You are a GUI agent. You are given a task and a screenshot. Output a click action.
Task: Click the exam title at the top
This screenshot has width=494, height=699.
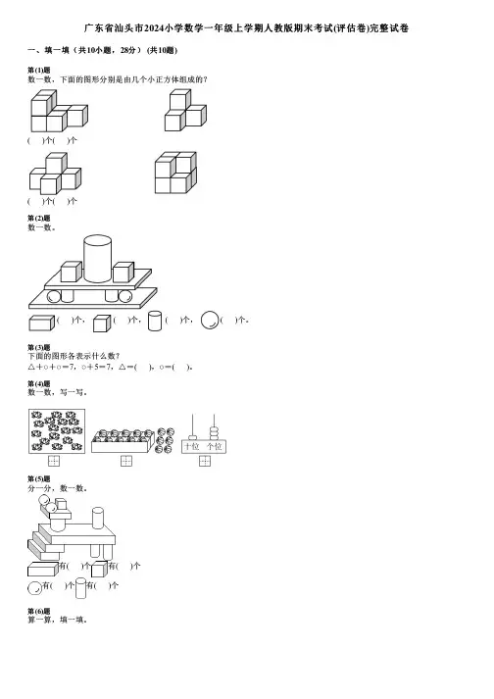pos(247,28)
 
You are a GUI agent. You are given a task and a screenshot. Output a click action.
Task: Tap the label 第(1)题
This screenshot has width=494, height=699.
pos(39,70)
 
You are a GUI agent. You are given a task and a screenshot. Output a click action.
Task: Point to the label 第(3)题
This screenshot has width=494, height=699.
pos(39,347)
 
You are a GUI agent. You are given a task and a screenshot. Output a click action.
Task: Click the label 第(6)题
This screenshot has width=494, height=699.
pos(39,611)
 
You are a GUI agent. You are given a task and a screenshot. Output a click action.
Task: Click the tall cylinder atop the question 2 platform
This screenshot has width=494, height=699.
pos(98,259)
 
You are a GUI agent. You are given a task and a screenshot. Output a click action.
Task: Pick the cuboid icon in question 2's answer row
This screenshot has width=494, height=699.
pos(42,323)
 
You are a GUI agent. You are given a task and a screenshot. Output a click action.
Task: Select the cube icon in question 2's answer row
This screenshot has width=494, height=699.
pos(102,324)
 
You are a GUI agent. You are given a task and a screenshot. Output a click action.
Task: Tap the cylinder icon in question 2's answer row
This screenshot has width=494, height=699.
pos(155,321)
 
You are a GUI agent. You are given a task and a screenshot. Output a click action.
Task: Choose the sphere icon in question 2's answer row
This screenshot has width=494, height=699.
pos(210,320)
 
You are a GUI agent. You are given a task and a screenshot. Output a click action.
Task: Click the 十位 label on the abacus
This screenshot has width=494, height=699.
pos(192,446)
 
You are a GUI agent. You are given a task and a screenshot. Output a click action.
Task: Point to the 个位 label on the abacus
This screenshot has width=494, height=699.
pos(215,446)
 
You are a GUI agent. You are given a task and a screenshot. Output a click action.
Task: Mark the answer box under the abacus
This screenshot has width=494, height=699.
pos(205,461)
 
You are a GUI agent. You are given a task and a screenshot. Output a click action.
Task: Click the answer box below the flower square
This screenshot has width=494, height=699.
pos(54,461)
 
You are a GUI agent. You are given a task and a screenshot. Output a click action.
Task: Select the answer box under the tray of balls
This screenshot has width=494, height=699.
pos(126,461)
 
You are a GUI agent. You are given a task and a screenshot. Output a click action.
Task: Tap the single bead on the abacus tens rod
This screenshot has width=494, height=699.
pos(193,438)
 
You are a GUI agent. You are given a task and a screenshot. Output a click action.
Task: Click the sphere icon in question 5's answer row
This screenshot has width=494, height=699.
pos(34,588)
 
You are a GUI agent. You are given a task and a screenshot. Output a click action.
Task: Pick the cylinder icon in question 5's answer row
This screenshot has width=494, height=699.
pos(80,588)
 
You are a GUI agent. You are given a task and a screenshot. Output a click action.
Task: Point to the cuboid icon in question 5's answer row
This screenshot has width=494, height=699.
pos(43,570)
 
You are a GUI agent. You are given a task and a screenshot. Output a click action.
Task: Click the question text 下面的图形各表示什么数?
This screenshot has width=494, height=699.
pos(74,356)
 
